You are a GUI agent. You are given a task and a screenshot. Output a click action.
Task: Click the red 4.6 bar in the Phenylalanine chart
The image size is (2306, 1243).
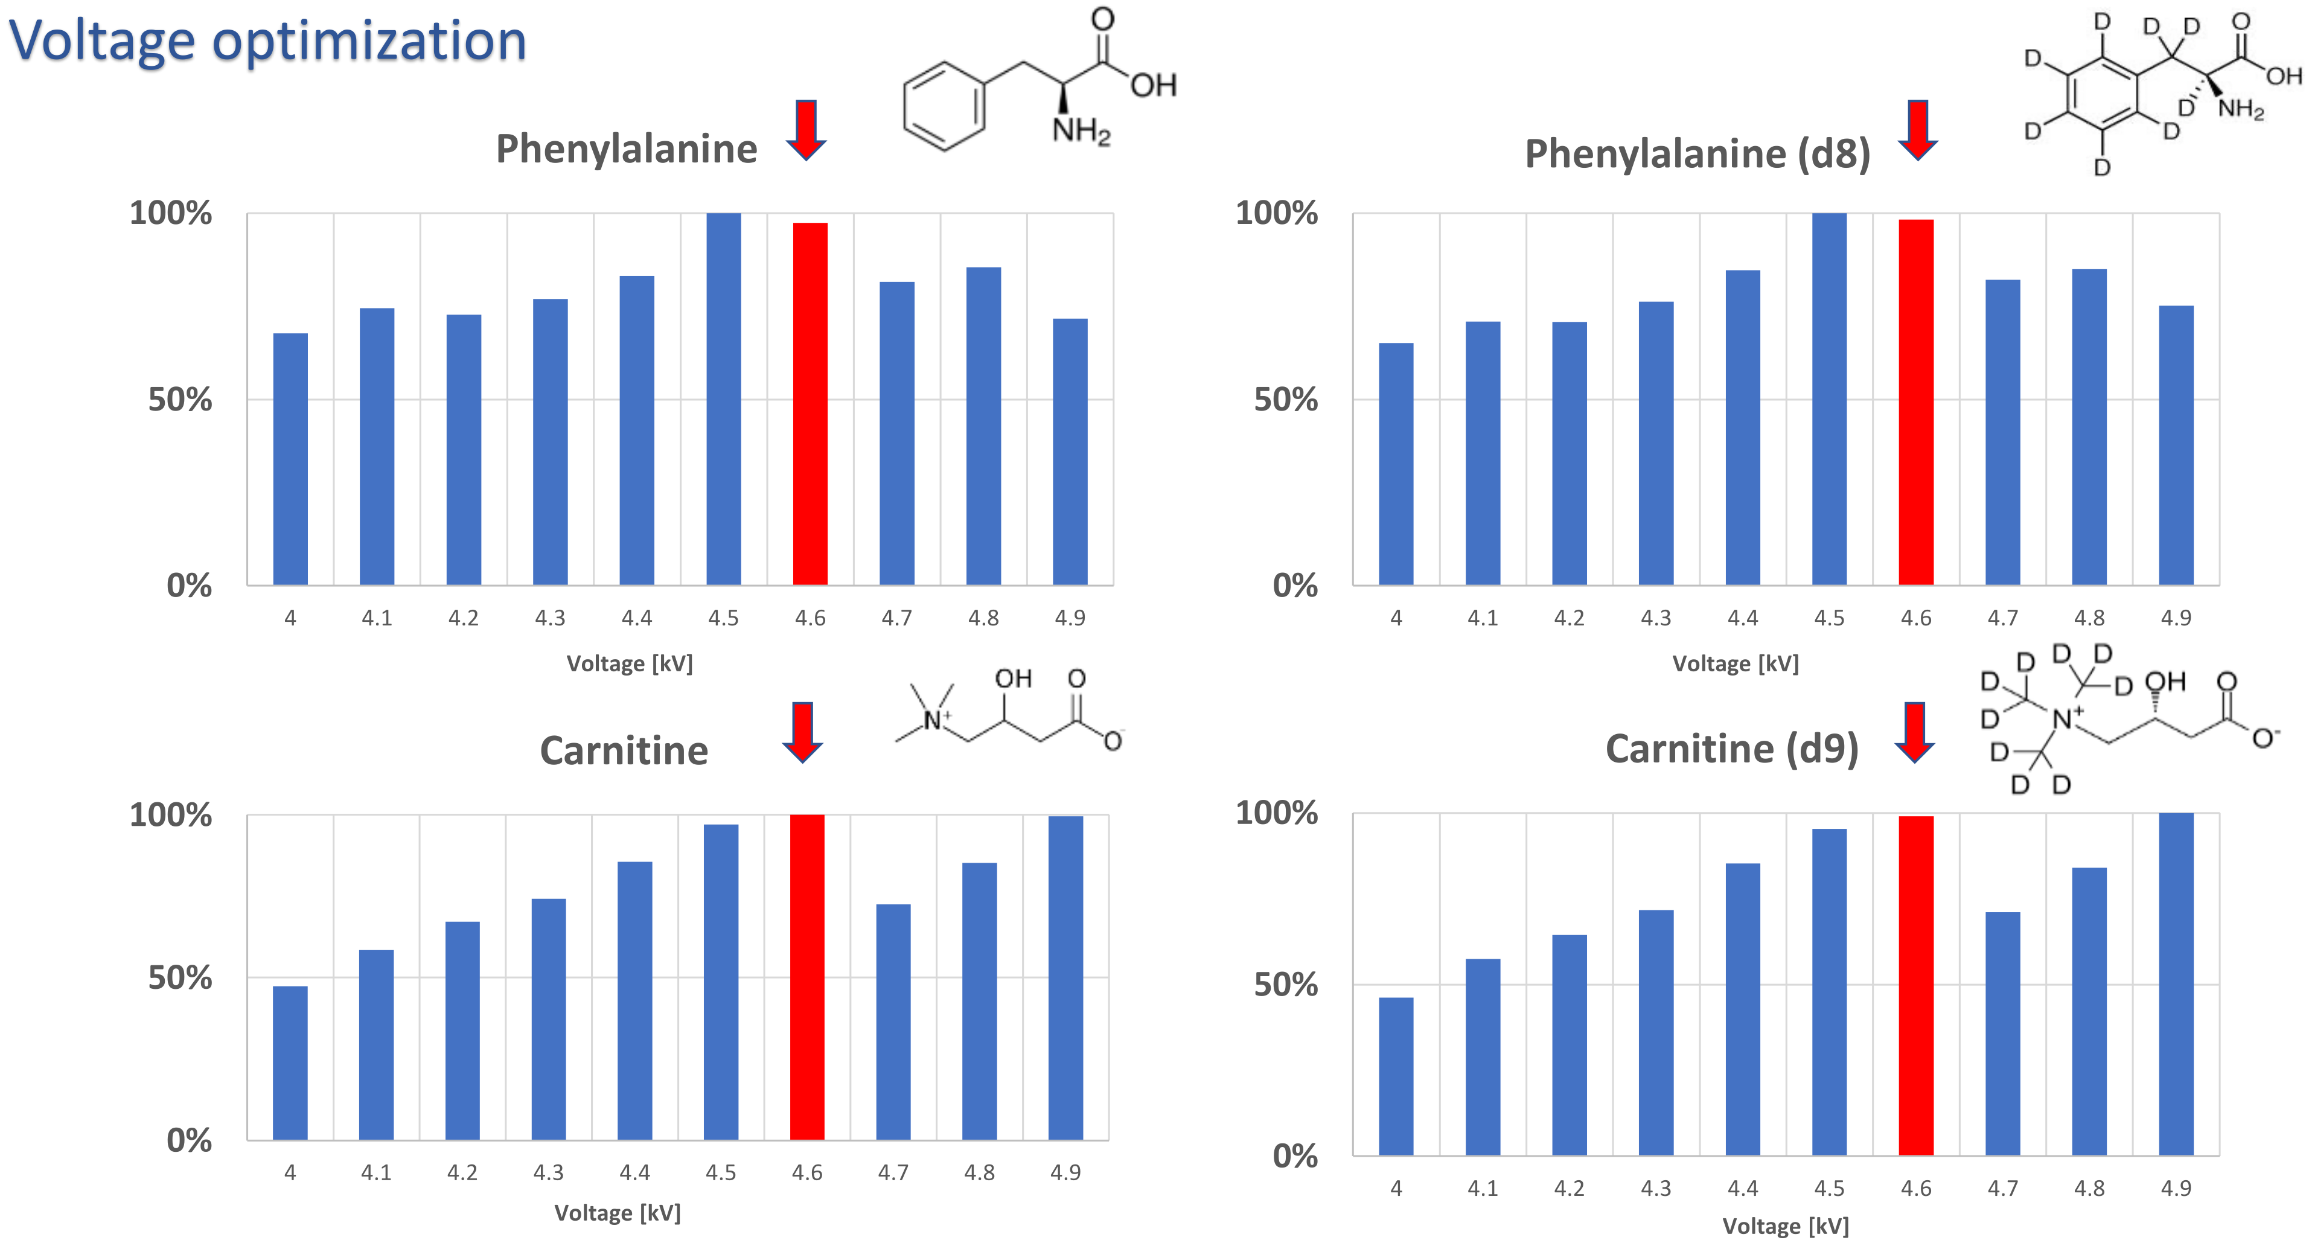tap(810, 403)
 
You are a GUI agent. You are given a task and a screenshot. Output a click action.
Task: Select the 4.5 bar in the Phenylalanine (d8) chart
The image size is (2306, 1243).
tap(1829, 398)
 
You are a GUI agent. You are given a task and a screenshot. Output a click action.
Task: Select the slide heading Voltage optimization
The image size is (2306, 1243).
tap(267, 40)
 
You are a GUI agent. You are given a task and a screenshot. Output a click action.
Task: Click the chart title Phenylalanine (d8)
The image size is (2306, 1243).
tap(1698, 154)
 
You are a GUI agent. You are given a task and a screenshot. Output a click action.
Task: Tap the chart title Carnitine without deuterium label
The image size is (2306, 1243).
tap(624, 750)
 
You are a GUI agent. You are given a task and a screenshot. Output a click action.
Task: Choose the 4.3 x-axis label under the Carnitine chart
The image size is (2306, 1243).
tap(548, 1172)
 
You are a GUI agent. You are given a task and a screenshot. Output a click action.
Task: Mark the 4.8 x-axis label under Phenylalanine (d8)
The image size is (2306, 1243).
tap(2089, 618)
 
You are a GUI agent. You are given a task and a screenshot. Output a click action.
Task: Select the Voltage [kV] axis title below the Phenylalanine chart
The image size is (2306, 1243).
tap(629, 663)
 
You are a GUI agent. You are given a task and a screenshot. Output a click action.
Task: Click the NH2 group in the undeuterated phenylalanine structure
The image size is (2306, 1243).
tap(1081, 131)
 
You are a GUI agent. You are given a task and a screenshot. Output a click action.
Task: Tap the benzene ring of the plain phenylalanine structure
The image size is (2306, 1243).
tap(944, 106)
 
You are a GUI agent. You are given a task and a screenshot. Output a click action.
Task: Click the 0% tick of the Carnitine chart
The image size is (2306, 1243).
tap(189, 1140)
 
